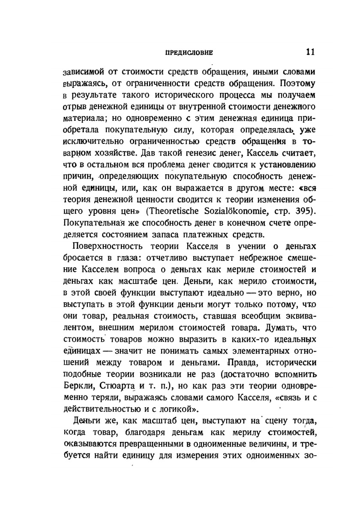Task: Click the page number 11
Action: tap(311, 52)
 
